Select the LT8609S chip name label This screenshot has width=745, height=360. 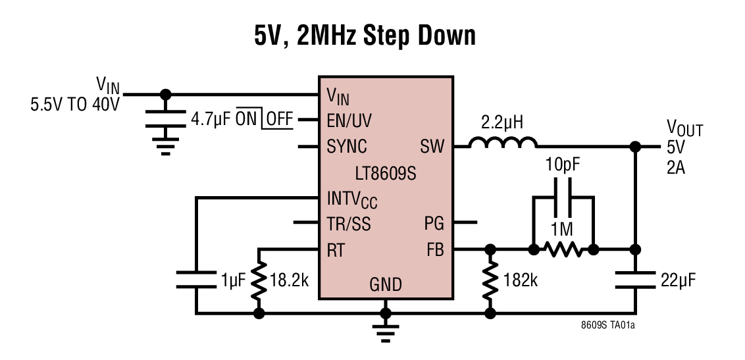click(386, 173)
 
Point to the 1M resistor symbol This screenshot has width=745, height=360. click(563, 249)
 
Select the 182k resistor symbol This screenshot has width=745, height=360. click(490, 280)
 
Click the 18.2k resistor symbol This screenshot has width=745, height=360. click(259, 280)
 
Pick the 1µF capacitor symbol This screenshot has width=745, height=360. click(195, 279)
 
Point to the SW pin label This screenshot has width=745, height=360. click(432, 146)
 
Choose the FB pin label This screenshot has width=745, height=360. click(434, 250)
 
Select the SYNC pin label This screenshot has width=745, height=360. click(347, 146)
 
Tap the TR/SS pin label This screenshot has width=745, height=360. click(348, 224)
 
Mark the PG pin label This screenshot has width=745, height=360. click(434, 224)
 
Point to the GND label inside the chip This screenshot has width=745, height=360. click(386, 284)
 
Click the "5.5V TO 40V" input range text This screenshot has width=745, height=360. click(74, 104)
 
